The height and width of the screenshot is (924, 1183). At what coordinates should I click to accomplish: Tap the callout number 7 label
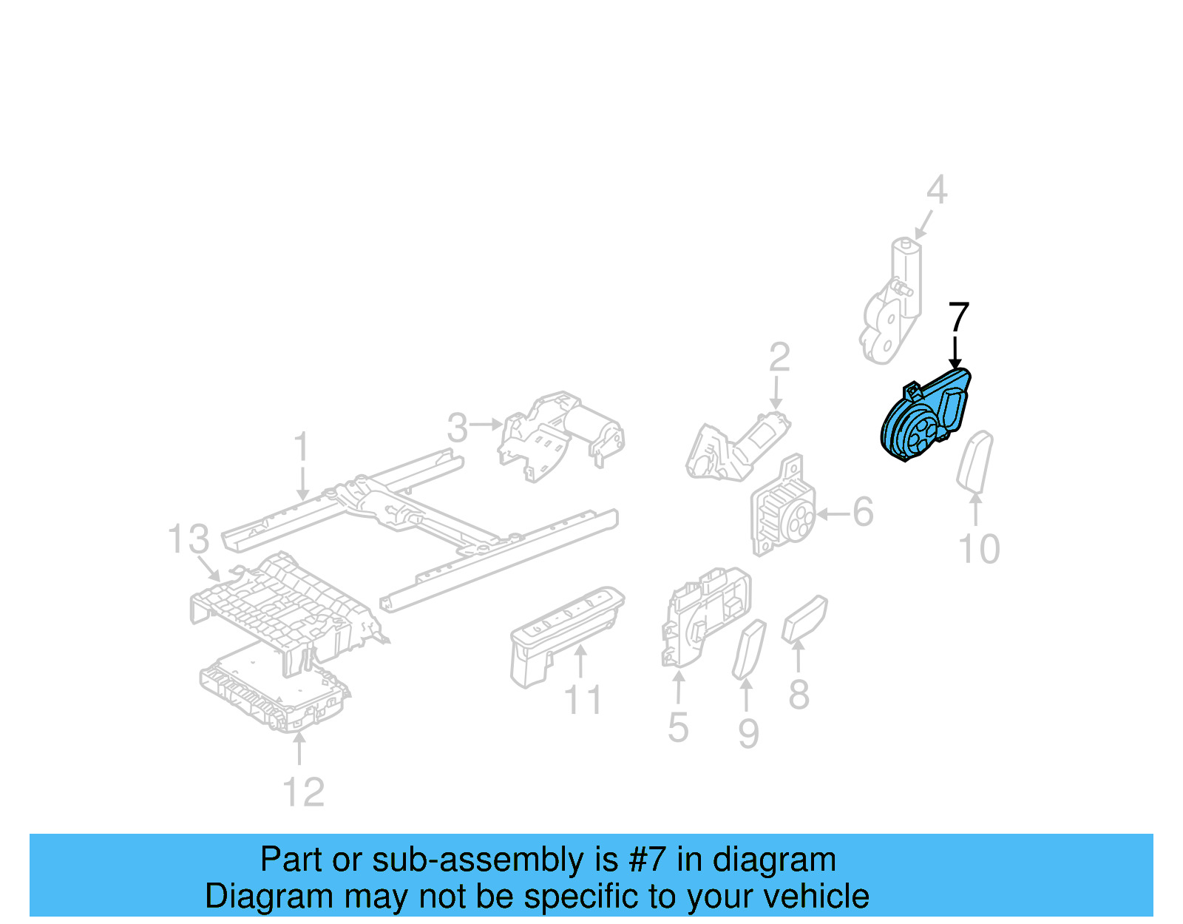pos(958,317)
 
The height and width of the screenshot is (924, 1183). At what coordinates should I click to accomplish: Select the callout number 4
pos(937,190)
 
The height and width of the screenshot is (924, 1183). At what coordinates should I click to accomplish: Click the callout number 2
pos(779,357)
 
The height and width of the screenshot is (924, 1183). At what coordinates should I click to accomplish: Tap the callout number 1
pos(301,448)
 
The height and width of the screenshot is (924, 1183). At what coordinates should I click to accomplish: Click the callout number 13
pos(188,539)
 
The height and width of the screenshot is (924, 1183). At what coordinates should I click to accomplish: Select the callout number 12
pos(303,792)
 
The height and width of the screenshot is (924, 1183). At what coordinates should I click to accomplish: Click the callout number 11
pos(583,700)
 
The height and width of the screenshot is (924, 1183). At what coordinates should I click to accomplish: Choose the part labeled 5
pos(706,618)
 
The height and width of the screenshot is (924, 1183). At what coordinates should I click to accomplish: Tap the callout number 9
pos(748,733)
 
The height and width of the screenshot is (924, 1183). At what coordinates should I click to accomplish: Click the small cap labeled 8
pos(804,618)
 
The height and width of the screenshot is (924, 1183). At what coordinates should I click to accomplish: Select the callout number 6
pos(863,512)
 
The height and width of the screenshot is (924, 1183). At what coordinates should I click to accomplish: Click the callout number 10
pos(978,549)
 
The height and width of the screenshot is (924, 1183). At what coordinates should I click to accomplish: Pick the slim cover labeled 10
pos(975,462)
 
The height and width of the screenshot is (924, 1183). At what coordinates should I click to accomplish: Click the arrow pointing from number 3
pos(487,425)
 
